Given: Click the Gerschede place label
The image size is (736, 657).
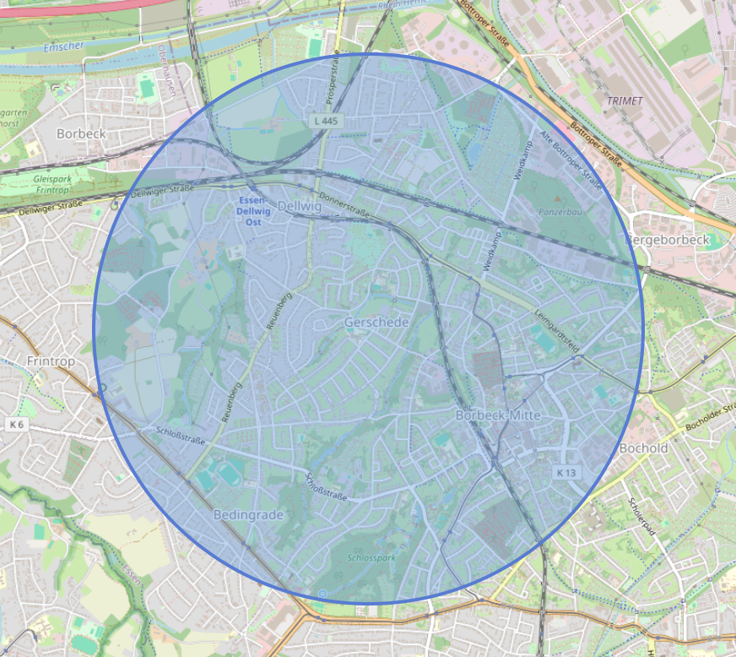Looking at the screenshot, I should [376, 323].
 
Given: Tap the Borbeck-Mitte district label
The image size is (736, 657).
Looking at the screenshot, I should [497, 415].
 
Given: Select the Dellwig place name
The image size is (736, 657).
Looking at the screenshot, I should [300, 206].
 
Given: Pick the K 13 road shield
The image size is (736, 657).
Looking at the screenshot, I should [566, 473].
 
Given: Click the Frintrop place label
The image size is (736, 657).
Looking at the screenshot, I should [51, 361].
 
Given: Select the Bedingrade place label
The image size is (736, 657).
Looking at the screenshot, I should [248, 514].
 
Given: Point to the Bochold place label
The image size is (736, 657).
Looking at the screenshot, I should [643, 448].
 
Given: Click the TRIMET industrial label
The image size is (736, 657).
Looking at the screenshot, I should [624, 100].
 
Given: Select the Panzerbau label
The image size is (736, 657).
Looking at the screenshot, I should [560, 212].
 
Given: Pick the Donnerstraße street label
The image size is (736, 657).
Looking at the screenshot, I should [346, 209].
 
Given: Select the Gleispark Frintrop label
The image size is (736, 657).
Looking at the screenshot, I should [53, 185].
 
